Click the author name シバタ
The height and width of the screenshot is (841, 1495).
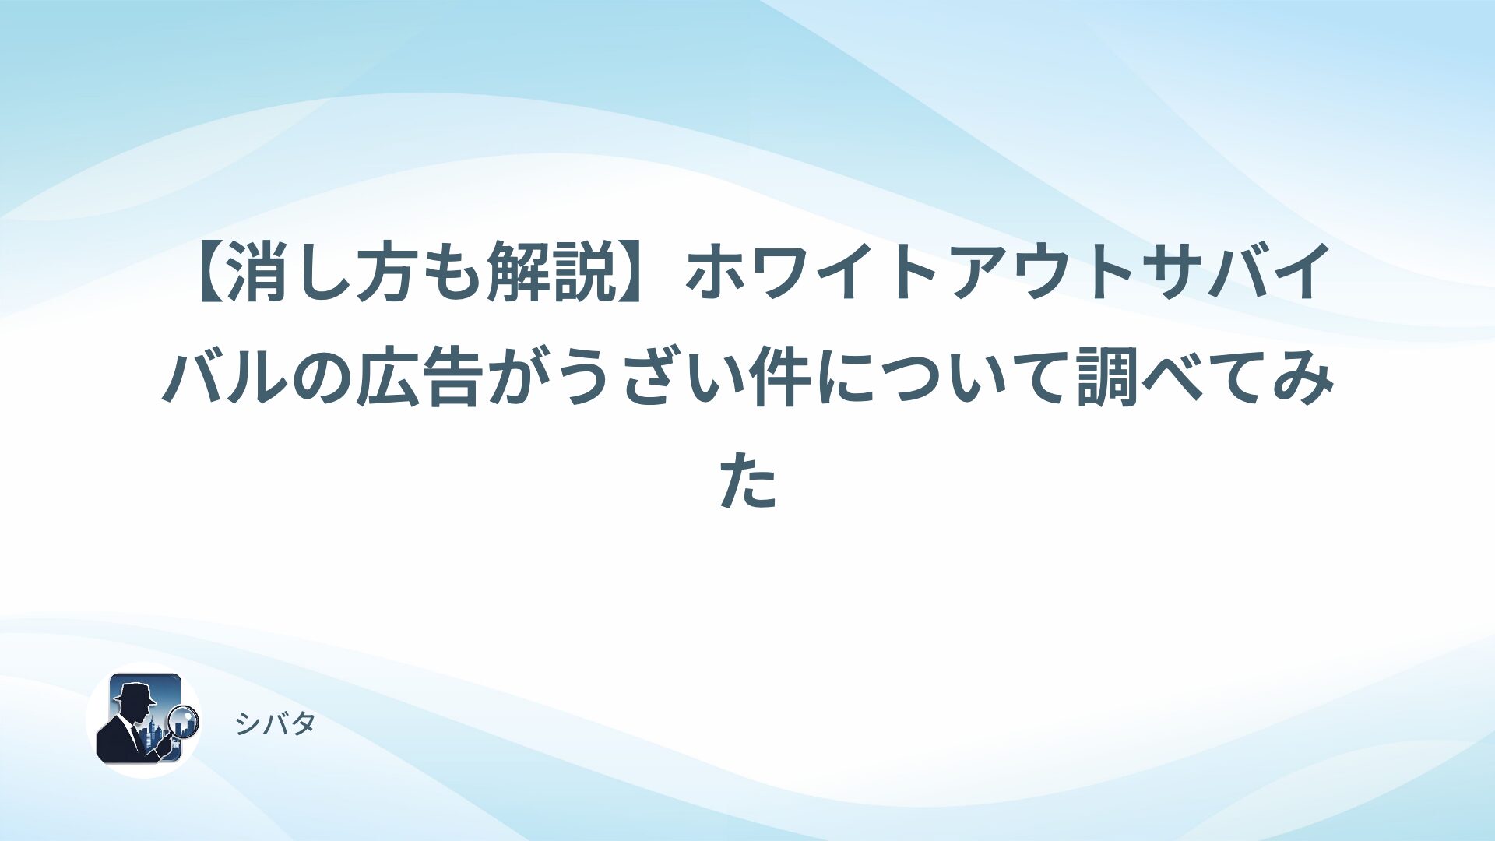tap(275, 724)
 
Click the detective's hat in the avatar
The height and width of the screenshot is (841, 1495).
tap(134, 692)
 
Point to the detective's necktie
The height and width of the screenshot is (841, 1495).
tap(137, 735)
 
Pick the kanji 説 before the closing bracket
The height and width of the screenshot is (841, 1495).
tap(586, 273)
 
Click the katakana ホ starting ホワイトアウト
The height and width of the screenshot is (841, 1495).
tap(716, 273)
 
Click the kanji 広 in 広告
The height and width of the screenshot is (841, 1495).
tap(389, 379)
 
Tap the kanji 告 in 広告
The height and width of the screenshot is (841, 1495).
tap(454, 379)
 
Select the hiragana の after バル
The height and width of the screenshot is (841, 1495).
tap(322, 379)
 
